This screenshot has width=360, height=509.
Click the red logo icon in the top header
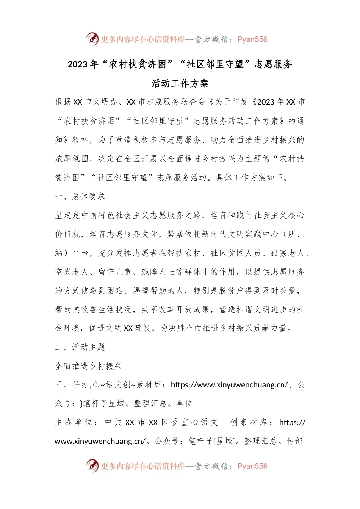(x=92, y=39)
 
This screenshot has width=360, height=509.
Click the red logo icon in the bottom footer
(x=92, y=465)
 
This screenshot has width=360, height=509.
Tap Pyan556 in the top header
(x=252, y=39)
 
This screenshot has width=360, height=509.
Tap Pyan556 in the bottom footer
(x=252, y=466)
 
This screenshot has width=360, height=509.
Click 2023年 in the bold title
(x=83, y=64)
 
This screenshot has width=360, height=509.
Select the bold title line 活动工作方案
(x=180, y=83)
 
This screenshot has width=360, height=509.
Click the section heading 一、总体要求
(x=80, y=197)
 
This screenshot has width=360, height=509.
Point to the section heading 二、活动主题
(x=80, y=347)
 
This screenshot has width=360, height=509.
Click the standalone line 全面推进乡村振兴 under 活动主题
(x=89, y=366)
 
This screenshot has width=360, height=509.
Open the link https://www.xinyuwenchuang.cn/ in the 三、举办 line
(x=229, y=385)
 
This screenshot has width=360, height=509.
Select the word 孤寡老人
(x=288, y=253)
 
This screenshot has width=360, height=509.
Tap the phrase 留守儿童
(x=115, y=272)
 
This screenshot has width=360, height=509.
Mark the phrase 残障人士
(x=158, y=272)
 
